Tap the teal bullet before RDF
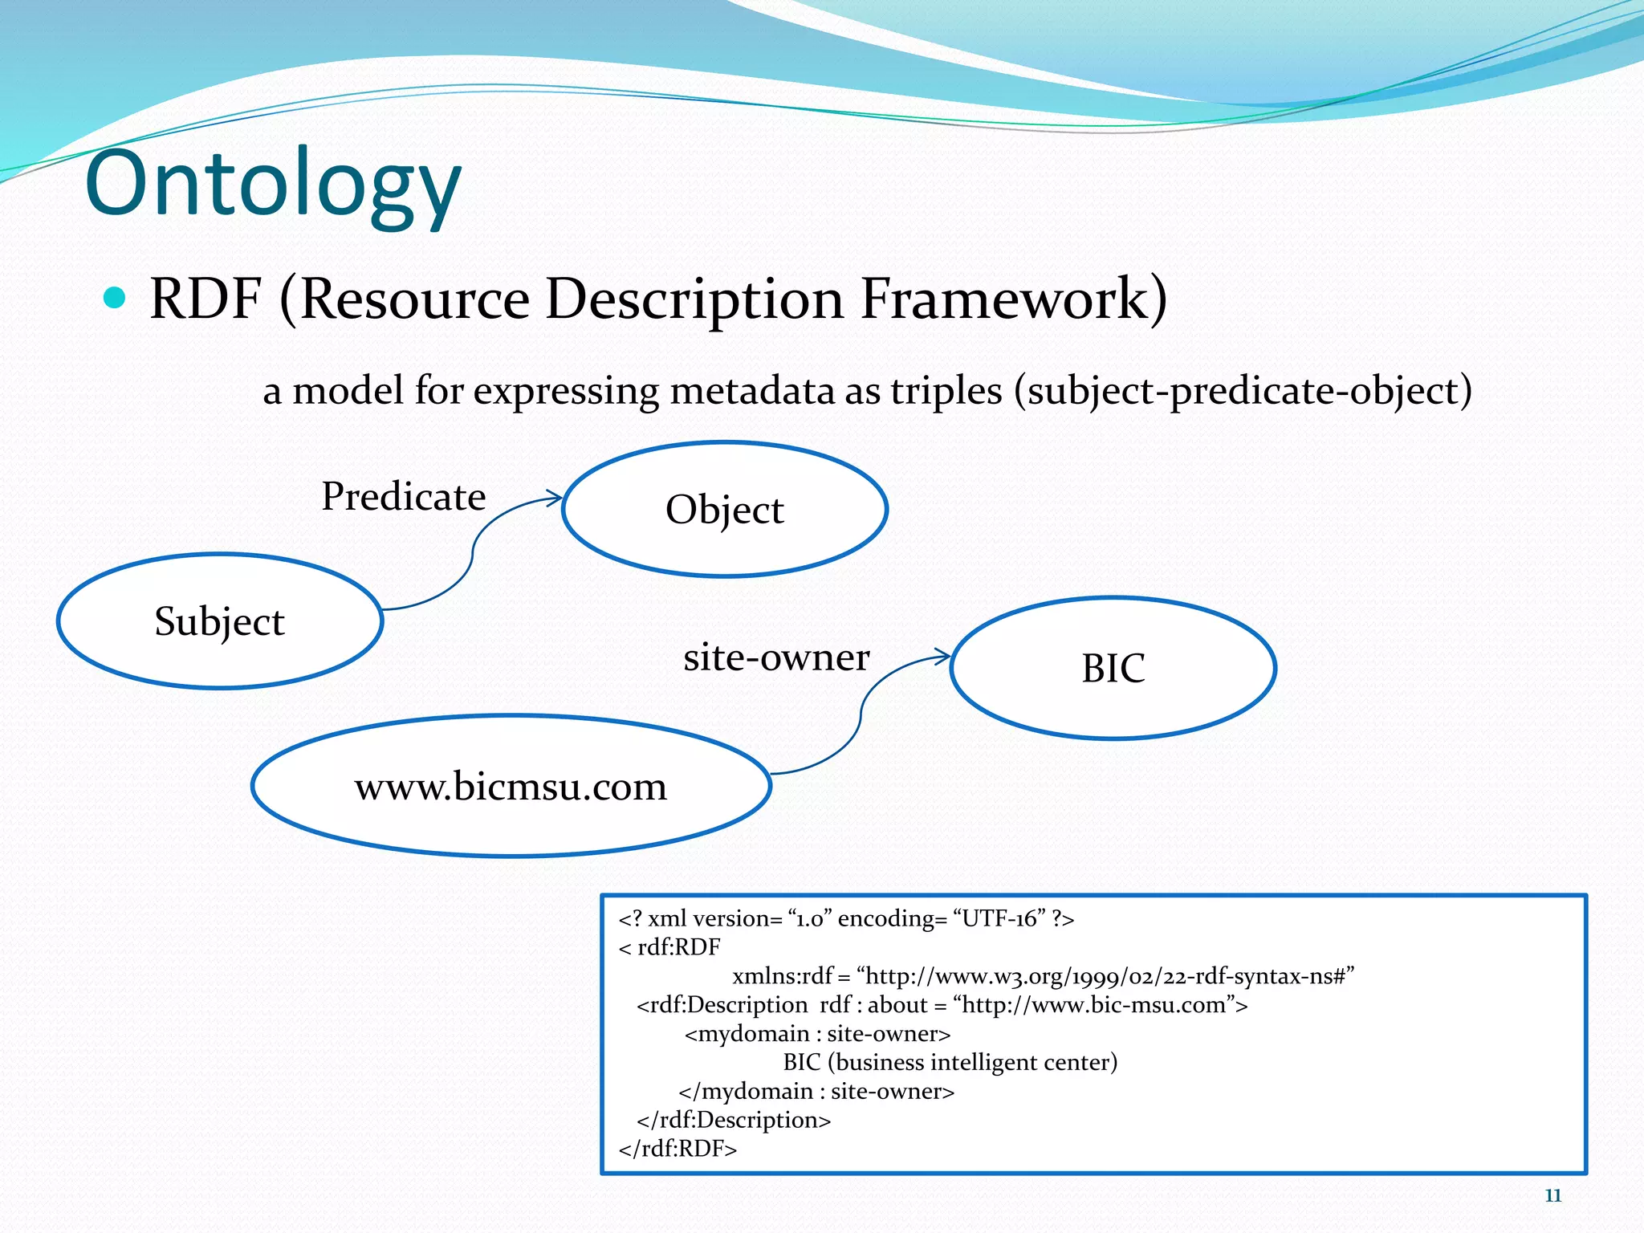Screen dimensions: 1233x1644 click(x=116, y=299)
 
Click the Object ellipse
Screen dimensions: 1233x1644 click(x=724, y=509)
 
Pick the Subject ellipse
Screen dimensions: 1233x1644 click(x=219, y=621)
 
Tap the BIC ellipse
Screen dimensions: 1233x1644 click(x=1113, y=668)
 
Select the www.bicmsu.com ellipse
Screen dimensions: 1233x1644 click(x=511, y=786)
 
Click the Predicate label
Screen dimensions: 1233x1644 click(x=404, y=496)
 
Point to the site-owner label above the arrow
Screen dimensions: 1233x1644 click(x=776, y=657)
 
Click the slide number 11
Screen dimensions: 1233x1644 click(x=1552, y=1195)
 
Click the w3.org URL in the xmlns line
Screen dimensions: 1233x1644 click(x=1105, y=976)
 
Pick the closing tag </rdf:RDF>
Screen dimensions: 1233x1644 click(x=678, y=1149)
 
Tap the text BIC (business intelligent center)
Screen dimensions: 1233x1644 click(x=950, y=1062)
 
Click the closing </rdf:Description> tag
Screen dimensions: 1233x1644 click(x=734, y=1120)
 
